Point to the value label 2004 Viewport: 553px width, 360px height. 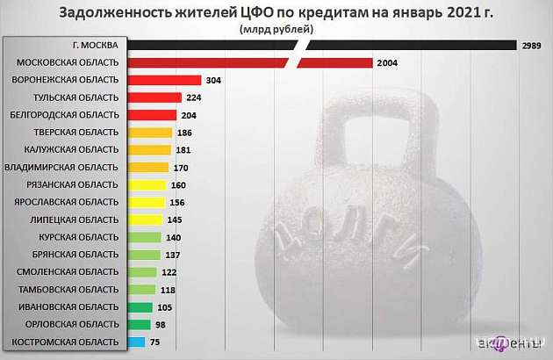(x=388, y=62)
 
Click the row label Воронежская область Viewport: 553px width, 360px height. (x=67, y=80)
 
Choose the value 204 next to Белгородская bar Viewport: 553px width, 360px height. (x=189, y=115)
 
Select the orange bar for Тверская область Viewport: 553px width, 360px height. (x=149, y=133)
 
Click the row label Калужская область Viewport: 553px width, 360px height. (x=68, y=149)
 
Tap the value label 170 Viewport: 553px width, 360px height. (x=181, y=167)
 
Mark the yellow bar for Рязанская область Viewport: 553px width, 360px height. (x=147, y=184)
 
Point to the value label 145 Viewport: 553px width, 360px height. (x=176, y=220)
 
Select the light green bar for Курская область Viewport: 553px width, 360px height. (x=145, y=237)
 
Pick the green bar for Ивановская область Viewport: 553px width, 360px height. (x=140, y=306)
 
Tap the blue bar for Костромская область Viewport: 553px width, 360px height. (x=137, y=342)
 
